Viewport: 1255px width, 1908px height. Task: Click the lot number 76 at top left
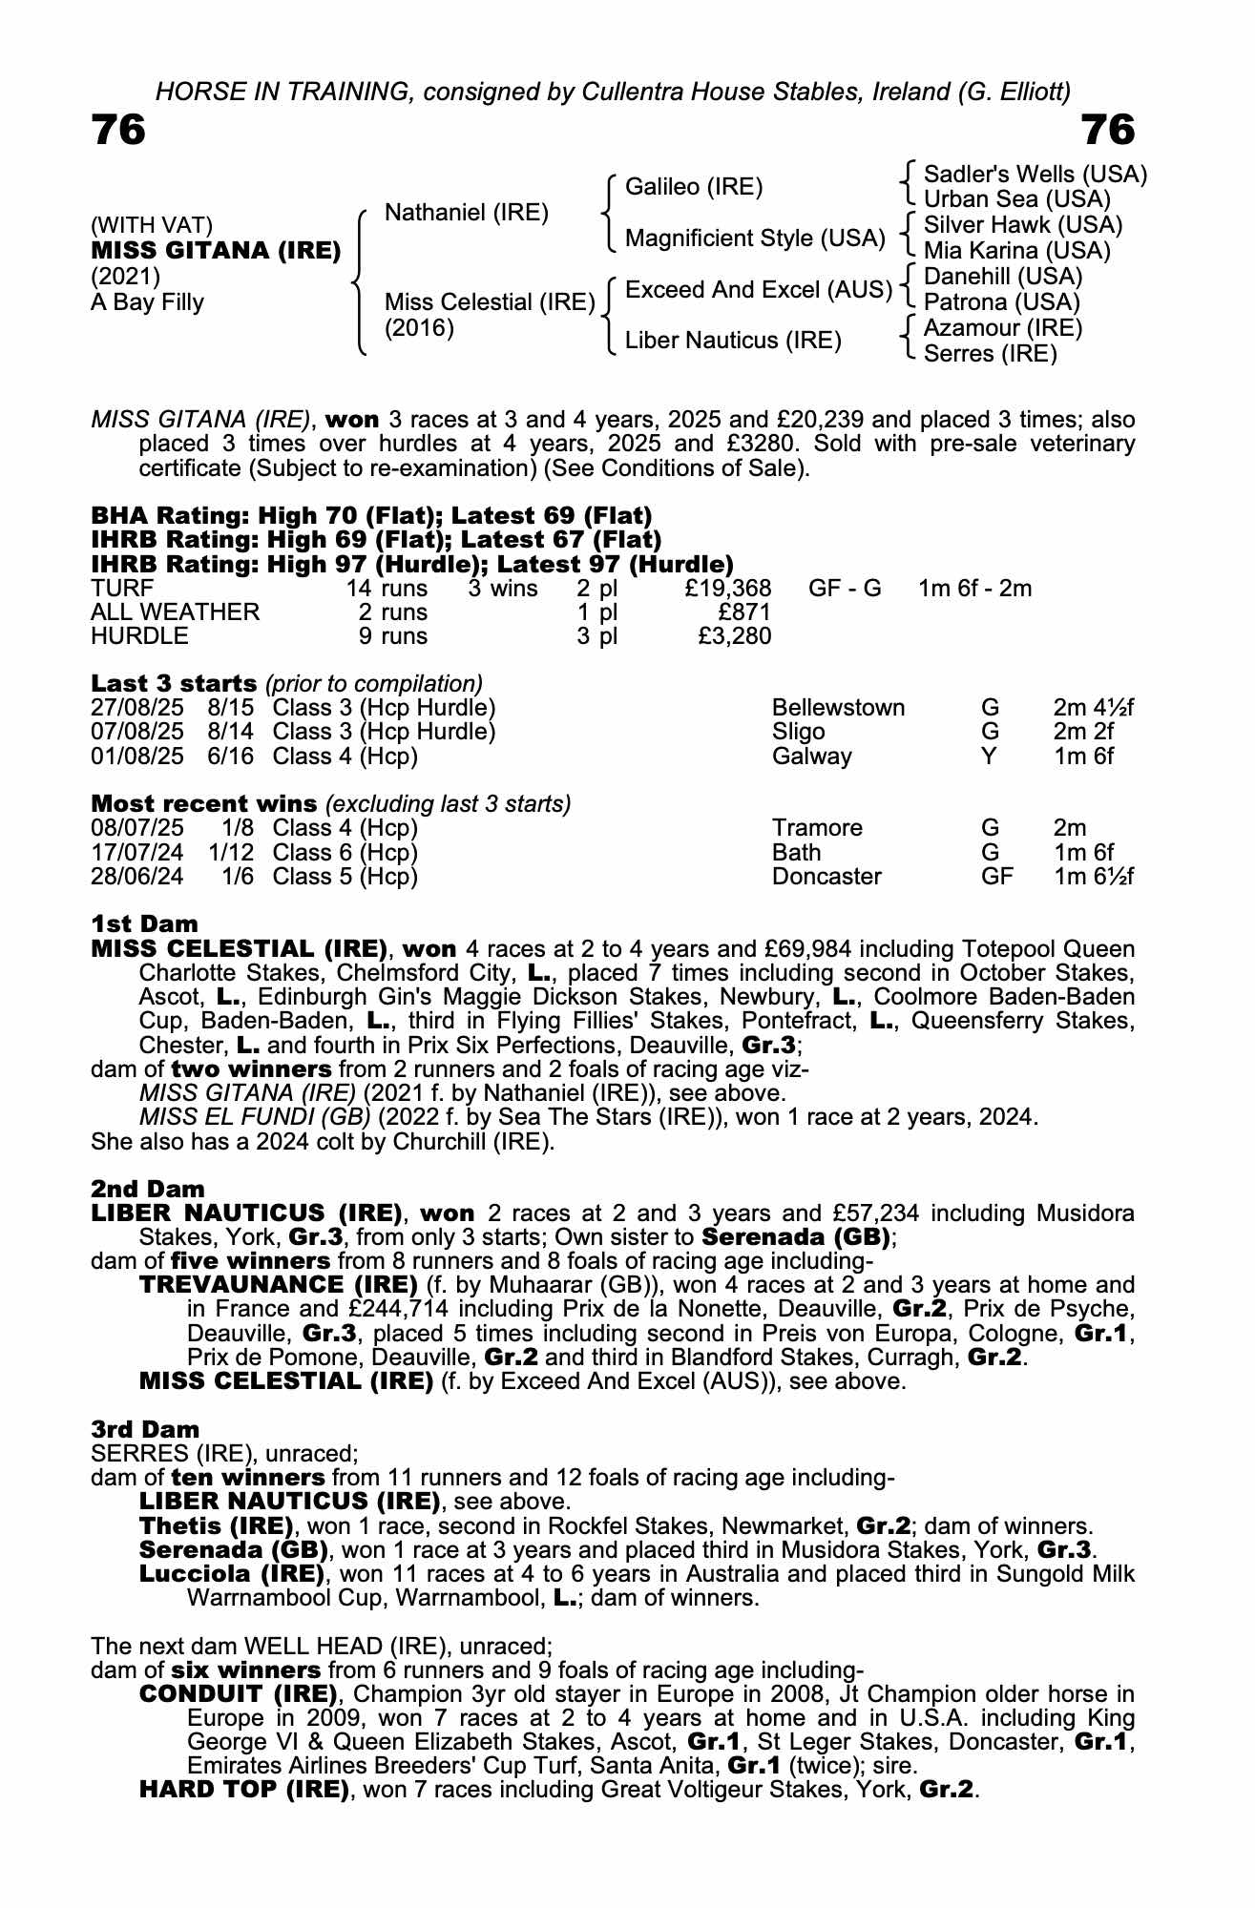(118, 130)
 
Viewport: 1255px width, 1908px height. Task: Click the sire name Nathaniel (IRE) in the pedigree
(466, 213)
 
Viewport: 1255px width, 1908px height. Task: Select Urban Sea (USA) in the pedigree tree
(1017, 199)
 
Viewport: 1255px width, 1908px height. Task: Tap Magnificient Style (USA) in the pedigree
(755, 238)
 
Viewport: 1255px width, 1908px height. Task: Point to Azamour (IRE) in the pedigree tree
(1003, 328)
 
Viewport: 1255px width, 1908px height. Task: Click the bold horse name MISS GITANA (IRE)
(216, 251)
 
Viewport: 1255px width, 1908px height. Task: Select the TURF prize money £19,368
(727, 588)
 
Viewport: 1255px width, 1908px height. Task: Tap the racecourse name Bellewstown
(838, 708)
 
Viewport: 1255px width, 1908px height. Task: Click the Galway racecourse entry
(811, 756)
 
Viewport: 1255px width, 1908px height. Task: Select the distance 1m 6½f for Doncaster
(1093, 876)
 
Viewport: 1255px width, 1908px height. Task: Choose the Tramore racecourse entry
(817, 828)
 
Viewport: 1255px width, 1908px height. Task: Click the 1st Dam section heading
(144, 923)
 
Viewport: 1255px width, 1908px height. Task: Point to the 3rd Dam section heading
(145, 1429)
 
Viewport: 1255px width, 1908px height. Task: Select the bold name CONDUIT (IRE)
(238, 1694)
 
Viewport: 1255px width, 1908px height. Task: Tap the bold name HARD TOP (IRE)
(243, 1789)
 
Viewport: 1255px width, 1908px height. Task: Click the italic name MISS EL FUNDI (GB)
(256, 1116)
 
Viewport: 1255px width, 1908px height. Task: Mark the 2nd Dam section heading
(147, 1189)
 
